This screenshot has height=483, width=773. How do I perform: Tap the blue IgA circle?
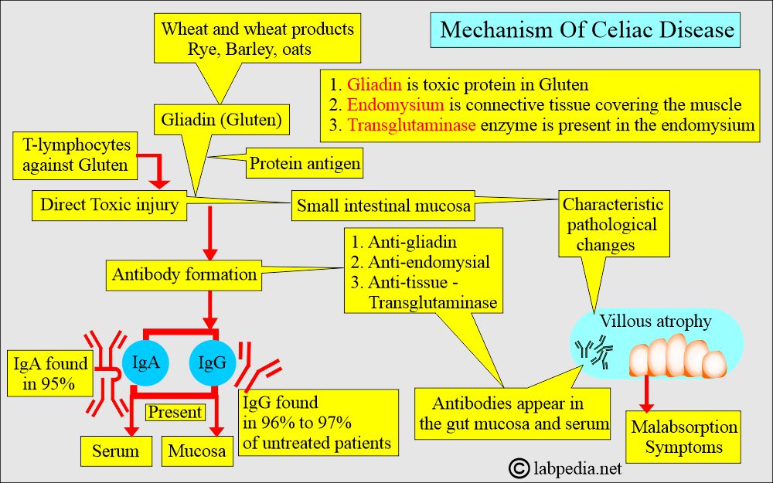point(146,361)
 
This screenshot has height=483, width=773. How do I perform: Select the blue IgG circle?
point(213,361)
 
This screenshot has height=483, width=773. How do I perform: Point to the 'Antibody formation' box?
point(185,274)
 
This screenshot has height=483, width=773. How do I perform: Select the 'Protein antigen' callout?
point(305,164)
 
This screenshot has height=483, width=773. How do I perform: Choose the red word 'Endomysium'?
point(384,105)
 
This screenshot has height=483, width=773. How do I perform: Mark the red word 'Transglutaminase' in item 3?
point(411,125)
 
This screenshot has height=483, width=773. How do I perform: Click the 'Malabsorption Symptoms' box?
point(684,437)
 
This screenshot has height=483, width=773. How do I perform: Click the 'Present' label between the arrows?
point(175,413)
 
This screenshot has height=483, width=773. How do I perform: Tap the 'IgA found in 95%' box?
point(49,372)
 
